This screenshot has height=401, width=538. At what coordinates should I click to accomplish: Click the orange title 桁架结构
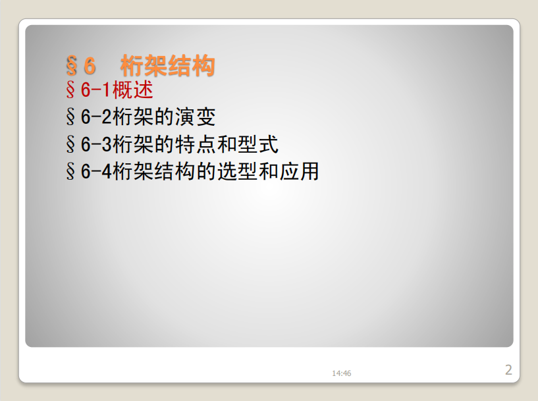(167, 66)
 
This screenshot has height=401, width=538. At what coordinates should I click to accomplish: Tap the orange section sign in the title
(72, 66)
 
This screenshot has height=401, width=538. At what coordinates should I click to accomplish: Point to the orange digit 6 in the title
(89, 66)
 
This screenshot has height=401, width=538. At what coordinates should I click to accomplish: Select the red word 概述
(133, 90)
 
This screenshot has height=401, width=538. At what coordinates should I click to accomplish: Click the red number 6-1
(95, 90)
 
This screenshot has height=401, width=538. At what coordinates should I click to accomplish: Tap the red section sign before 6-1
(70, 90)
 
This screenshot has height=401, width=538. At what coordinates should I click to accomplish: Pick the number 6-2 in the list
(96, 117)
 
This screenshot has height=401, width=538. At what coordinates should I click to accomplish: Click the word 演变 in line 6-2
(195, 117)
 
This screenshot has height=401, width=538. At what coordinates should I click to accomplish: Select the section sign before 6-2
(70, 117)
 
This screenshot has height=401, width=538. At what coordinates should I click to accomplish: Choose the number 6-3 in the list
(96, 144)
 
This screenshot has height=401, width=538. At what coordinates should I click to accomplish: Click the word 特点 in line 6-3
(195, 144)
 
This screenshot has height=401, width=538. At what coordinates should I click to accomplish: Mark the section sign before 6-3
(70, 144)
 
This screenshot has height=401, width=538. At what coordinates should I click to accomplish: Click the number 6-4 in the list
(96, 171)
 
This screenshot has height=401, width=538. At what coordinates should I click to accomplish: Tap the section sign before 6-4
(70, 171)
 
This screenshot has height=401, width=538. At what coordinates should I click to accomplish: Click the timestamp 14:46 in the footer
(341, 373)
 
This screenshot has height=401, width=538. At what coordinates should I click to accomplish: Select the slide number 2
(508, 370)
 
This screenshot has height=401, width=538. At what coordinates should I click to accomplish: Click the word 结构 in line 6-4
(175, 171)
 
